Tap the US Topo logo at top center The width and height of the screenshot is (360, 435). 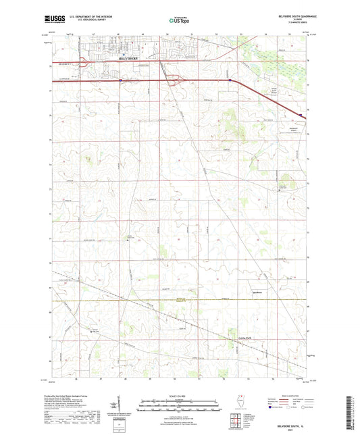pos(179,21)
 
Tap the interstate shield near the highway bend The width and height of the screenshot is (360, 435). pos(229,80)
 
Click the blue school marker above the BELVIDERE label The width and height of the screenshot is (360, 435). pos(124,54)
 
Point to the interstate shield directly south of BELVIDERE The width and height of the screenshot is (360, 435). pos(121,80)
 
